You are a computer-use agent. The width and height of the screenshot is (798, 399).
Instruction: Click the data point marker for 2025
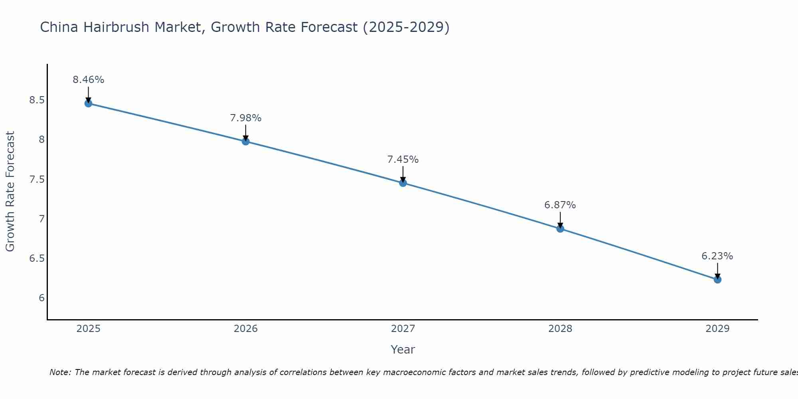pos(88,103)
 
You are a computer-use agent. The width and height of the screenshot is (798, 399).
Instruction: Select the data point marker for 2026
pos(245,141)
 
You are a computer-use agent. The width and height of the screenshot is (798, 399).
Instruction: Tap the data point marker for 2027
pos(403,183)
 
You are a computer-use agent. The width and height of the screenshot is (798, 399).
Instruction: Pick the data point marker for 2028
pos(560,229)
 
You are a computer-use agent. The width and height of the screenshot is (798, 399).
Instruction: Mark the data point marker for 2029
pos(717,280)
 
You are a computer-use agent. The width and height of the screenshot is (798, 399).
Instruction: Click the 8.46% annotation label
pos(88,80)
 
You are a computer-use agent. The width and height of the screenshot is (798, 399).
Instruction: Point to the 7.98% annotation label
pos(245,118)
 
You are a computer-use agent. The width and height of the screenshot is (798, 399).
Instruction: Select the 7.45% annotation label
pos(403,160)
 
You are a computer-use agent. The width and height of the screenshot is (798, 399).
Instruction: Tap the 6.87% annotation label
pos(560,205)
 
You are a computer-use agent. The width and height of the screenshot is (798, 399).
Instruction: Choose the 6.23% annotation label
pos(717,256)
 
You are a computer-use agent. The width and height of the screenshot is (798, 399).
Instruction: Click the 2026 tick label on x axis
pos(245,329)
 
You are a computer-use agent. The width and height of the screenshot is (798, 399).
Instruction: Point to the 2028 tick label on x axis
pos(560,329)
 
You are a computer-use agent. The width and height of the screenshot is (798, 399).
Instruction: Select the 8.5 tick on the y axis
pos(37,100)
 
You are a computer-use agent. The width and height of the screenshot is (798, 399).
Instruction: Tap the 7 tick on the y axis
pos(41,219)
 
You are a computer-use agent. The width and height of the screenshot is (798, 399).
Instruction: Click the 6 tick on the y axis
pos(41,298)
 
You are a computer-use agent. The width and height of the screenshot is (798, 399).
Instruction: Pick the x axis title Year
pos(403,350)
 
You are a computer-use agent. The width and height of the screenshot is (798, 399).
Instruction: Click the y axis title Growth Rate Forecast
pos(10,192)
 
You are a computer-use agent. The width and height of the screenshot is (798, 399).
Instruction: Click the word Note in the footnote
pos(59,372)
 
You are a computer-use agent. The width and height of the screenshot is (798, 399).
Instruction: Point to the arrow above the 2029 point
pos(717,271)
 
